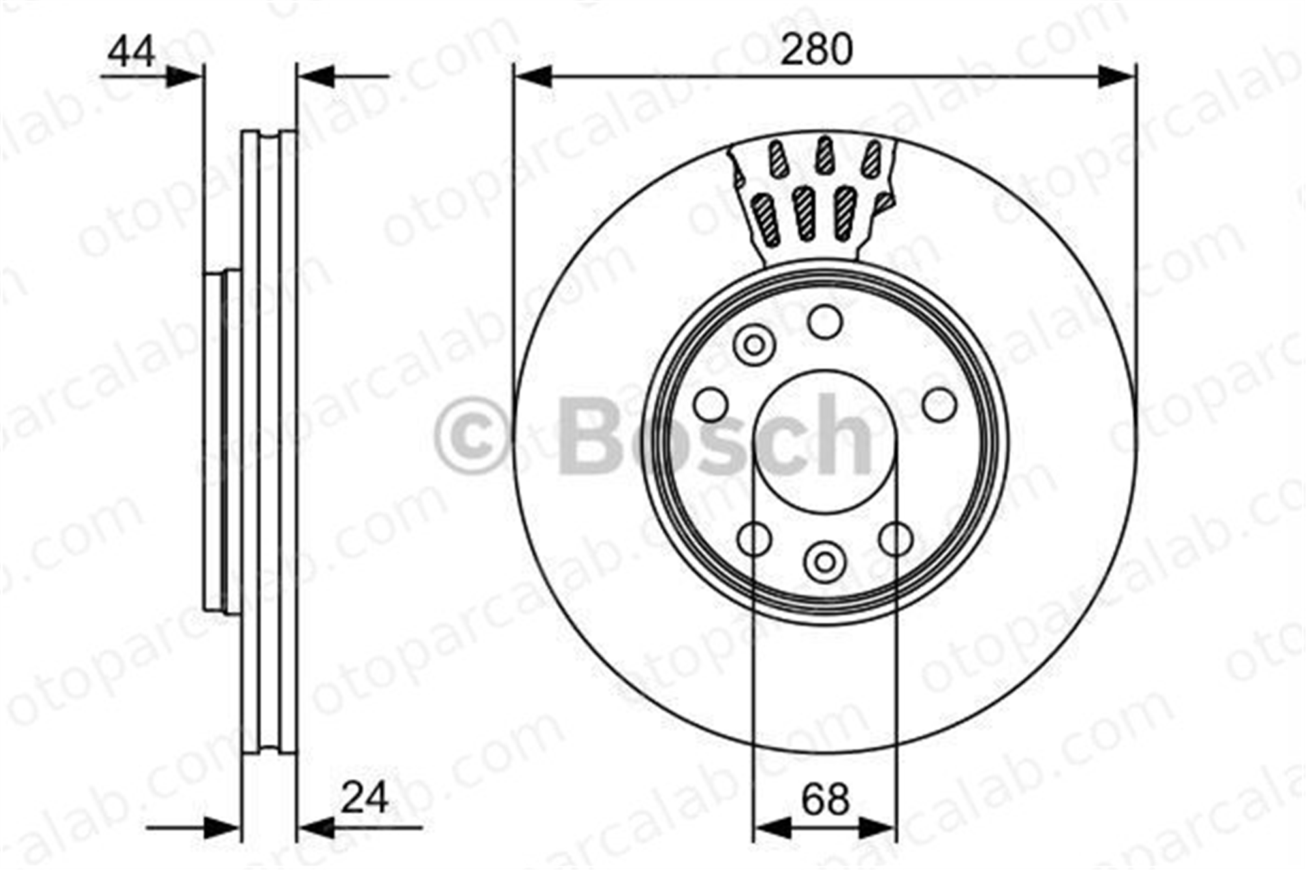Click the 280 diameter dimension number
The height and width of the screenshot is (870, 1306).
816,50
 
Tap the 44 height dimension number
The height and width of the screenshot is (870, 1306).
131,52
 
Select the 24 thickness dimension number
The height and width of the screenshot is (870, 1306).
364,797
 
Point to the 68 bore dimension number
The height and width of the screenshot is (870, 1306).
825,799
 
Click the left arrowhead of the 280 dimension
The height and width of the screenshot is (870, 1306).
534,76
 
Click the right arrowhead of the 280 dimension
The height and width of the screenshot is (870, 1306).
1117,76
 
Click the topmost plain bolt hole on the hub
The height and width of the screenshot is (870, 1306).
825,322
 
